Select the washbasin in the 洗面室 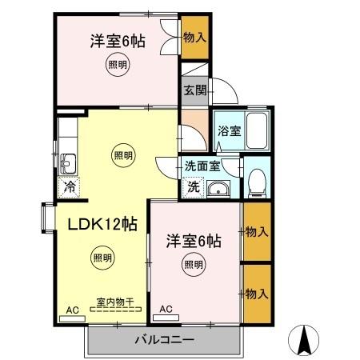click(x=218, y=189)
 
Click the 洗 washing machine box click(x=193, y=187)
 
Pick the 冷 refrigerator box click(x=69, y=189)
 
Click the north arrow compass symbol click(x=303, y=341)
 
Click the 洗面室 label click(x=202, y=167)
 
